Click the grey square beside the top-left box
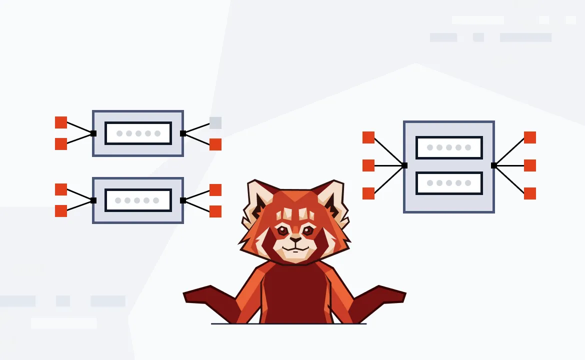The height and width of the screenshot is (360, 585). coord(215,123)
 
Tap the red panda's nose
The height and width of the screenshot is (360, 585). coord(295,239)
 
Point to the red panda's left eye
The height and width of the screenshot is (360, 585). coord(283,230)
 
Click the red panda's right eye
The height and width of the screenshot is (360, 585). coord(308,230)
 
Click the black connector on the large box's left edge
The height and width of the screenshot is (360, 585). coord(404,165)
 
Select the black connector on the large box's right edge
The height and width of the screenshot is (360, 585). coord(493,165)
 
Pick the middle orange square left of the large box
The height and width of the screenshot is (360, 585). coord(368,165)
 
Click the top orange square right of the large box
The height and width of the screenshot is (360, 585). coord(530,137)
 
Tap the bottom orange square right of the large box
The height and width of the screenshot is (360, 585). coord(530,193)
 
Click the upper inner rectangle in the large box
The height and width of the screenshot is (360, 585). coord(449,147)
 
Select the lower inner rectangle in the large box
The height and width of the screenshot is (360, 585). coord(449,183)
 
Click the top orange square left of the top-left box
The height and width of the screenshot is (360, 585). coord(61,122)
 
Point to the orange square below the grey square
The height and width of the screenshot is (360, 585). coord(215,144)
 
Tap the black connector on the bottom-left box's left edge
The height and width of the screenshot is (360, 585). coord(93,200)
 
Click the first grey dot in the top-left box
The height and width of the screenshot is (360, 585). coord(119,133)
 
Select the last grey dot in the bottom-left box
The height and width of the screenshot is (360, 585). coord(156,200)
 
